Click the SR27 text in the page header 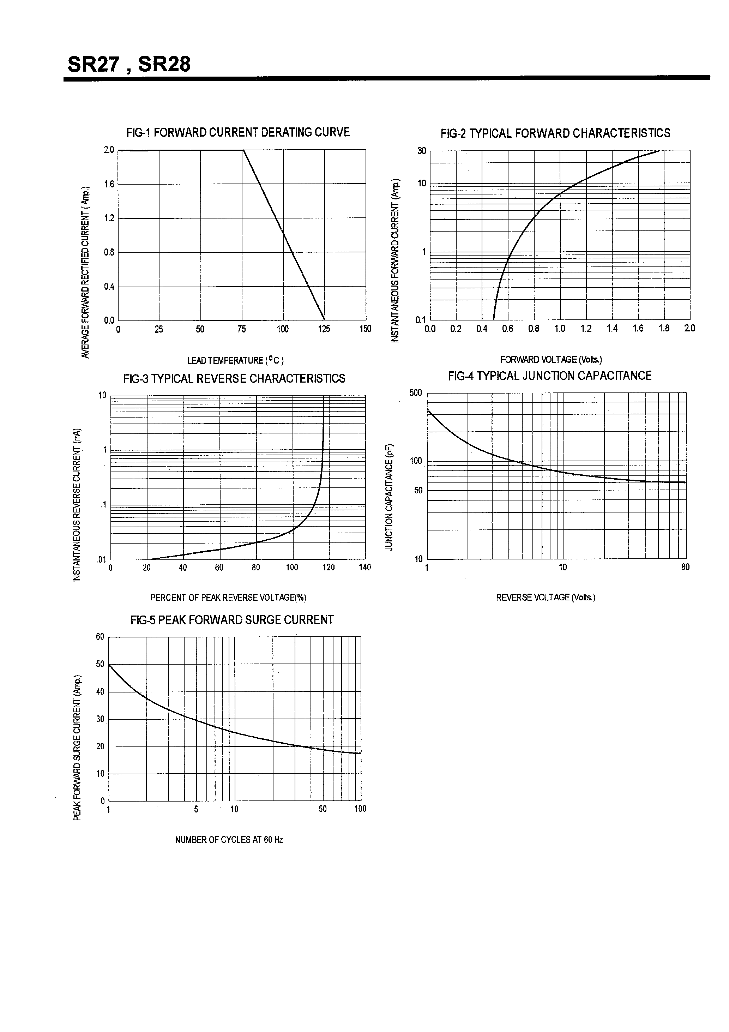(x=94, y=64)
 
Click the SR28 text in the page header (x=164, y=64)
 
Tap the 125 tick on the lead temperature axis (x=324, y=329)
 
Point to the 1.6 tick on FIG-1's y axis (x=109, y=184)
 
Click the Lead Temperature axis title (x=235, y=360)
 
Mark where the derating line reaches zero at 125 (x=325, y=320)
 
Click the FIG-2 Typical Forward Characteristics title (x=555, y=133)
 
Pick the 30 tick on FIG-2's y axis (x=422, y=151)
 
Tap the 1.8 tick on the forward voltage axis (x=664, y=329)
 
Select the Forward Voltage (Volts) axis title (x=551, y=360)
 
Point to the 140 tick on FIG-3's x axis (x=365, y=567)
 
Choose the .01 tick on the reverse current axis (x=102, y=560)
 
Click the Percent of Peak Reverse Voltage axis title (x=228, y=598)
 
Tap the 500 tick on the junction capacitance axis (x=416, y=393)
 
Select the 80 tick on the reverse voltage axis (x=685, y=567)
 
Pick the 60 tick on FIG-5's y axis (x=100, y=636)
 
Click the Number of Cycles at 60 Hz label (x=229, y=840)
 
